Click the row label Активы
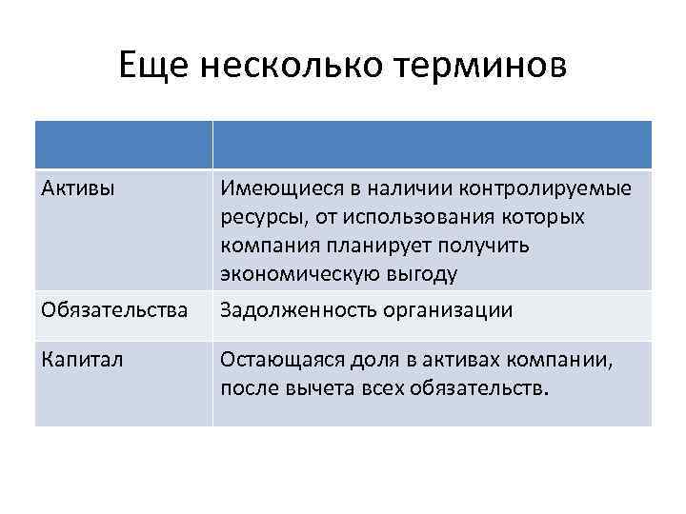pyautogui.click(x=78, y=188)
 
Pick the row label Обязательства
pyautogui.click(x=113, y=310)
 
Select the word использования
pyautogui.click(x=408, y=218)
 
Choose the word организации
pyautogui.click(x=442, y=310)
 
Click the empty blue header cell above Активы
pyautogui.click(x=123, y=145)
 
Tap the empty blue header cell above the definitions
pyautogui.click(x=432, y=145)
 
